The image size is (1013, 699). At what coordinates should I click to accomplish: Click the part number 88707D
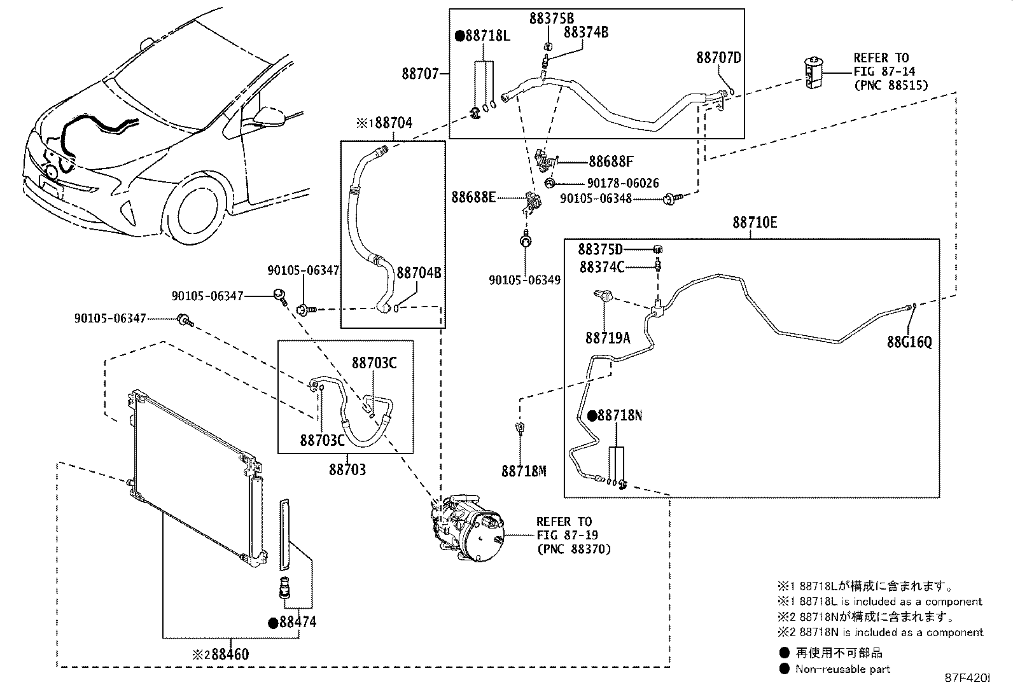point(718,58)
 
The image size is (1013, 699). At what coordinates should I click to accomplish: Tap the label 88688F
point(611,162)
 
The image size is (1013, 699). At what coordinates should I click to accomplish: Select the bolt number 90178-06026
point(623,183)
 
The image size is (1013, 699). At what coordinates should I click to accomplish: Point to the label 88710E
point(755,223)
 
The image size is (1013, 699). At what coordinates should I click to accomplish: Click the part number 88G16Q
point(909,342)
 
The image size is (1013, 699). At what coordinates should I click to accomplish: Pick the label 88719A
point(608,338)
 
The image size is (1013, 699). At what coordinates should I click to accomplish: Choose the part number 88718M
point(524,471)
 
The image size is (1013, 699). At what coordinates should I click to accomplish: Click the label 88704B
point(419,273)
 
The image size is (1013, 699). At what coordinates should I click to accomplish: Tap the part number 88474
point(298,622)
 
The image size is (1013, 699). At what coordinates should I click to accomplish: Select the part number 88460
point(230,654)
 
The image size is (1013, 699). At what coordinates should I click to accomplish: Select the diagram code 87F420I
point(967,678)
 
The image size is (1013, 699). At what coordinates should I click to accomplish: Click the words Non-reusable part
point(842,669)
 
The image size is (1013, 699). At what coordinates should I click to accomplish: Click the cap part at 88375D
point(657,249)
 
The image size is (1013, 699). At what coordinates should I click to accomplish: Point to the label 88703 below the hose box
point(347,470)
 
